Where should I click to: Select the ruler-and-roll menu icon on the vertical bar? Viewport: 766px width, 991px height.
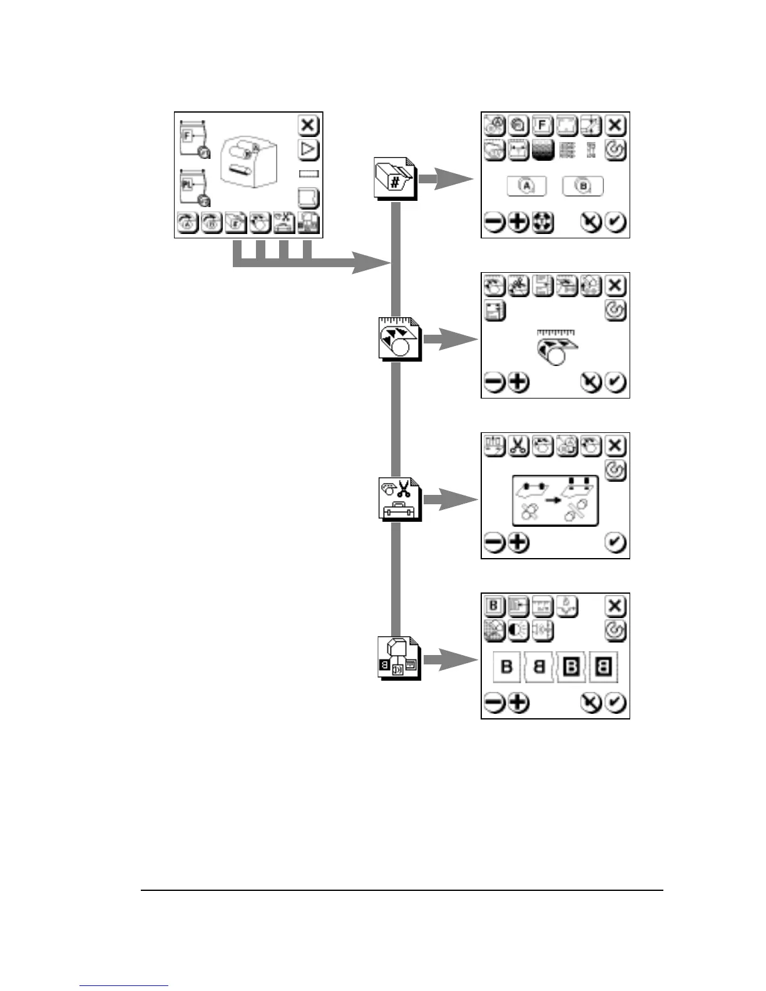[x=399, y=339]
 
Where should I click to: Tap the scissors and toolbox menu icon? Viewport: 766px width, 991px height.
[x=399, y=499]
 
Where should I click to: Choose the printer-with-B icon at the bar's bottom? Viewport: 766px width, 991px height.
[x=399, y=659]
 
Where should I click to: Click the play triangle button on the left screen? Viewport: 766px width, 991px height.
[x=308, y=150]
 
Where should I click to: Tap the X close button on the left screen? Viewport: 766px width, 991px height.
[x=308, y=125]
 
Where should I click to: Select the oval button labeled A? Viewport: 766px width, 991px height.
[x=526, y=186]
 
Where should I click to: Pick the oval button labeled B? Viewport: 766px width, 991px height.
[x=583, y=186]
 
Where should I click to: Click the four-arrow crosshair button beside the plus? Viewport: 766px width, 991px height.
[x=543, y=222]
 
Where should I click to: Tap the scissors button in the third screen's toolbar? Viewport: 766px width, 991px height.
[x=518, y=445]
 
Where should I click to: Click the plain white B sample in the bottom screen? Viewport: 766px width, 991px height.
[x=507, y=667]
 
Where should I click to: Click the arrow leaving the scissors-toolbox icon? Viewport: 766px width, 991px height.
[x=450, y=499]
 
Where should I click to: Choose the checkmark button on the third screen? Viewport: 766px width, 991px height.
[x=616, y=543]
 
